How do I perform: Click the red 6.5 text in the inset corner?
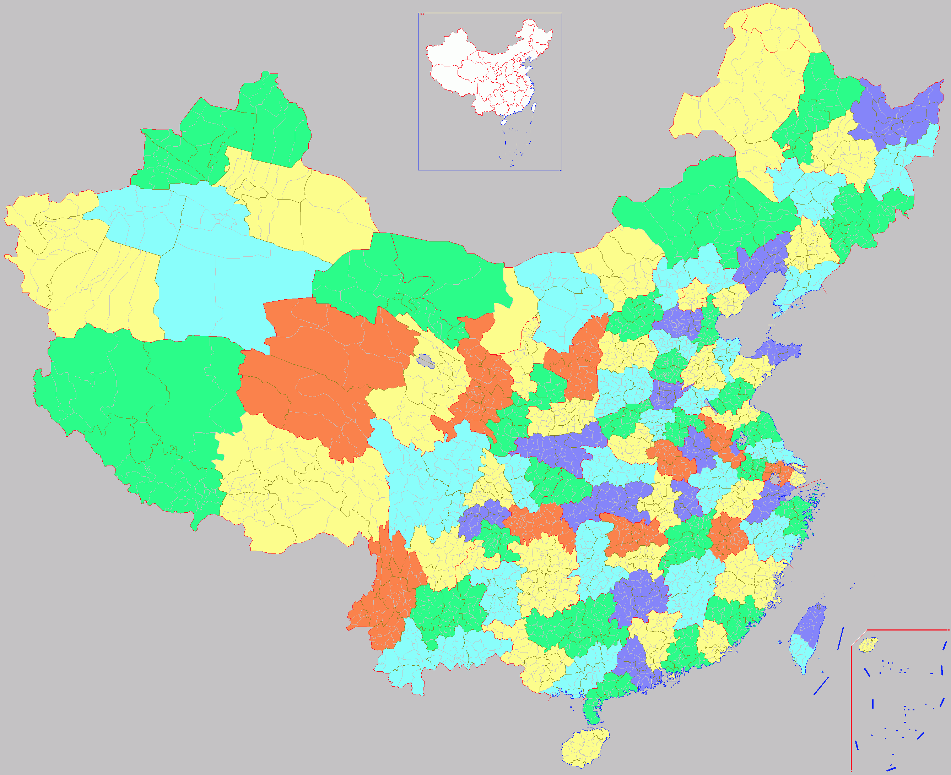tap(422, 14)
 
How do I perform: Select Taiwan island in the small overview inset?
tap(535, 107)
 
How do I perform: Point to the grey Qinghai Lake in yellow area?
tap(425, 360)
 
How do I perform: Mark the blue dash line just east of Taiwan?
tap(840, 638)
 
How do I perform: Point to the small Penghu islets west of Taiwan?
tap(780, 643)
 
